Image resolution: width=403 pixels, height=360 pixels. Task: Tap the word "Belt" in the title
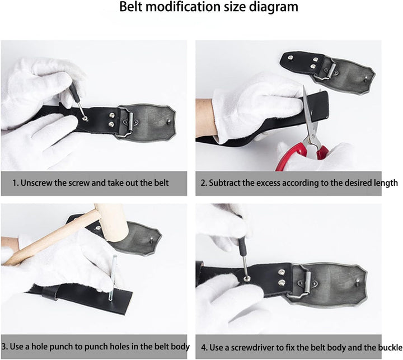(130, 6)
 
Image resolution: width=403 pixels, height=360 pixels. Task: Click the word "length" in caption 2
(385, 183)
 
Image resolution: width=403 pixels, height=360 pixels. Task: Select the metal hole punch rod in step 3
(112, 278)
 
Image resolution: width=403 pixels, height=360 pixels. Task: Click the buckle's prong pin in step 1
(169, 120)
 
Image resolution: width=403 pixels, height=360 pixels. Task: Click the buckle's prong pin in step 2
(366, 78)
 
